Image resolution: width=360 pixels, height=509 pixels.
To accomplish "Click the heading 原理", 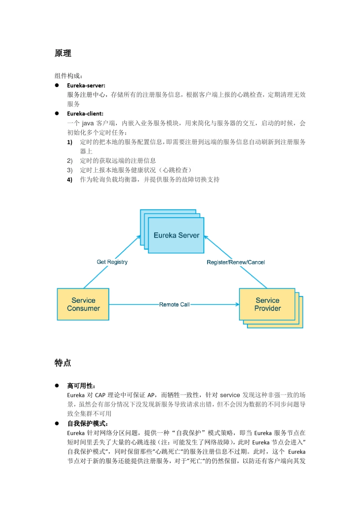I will coord(63,53).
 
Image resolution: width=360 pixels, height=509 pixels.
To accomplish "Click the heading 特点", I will coord(63,363).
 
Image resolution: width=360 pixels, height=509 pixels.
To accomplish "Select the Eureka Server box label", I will coord(176,235).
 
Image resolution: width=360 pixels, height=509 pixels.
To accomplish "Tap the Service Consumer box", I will coord(83,304).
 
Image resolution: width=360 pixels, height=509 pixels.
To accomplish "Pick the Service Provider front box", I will coord(267,304).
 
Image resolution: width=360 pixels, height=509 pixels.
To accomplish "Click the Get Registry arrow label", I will coord(112,262).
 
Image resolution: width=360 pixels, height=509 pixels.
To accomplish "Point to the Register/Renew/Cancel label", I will coord(236,262).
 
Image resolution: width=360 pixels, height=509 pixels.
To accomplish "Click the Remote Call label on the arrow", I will coord(174,304).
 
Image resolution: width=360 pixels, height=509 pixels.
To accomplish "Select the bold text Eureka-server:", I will coord(86,86).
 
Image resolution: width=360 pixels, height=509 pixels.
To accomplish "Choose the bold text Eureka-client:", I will coord(85,114).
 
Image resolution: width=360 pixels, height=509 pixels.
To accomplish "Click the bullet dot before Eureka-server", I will coord(57,85).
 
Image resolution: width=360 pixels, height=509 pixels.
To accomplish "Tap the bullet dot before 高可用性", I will coord(57,386).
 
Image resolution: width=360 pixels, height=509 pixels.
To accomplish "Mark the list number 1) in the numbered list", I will coord(70,142).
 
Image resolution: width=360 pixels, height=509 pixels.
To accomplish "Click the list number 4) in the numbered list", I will coord(70,180).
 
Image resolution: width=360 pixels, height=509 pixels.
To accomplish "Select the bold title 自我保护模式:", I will coord(88,423).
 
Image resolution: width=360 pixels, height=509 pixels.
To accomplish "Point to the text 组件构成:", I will coord(69,76).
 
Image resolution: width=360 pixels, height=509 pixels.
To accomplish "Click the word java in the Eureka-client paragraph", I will coord(88,123).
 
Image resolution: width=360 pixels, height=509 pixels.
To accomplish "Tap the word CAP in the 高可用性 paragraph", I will coord(100,395).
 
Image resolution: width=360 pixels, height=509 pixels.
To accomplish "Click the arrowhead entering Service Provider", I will coord(238,304).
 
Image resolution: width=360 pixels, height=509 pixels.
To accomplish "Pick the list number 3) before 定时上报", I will coord(70,170).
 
